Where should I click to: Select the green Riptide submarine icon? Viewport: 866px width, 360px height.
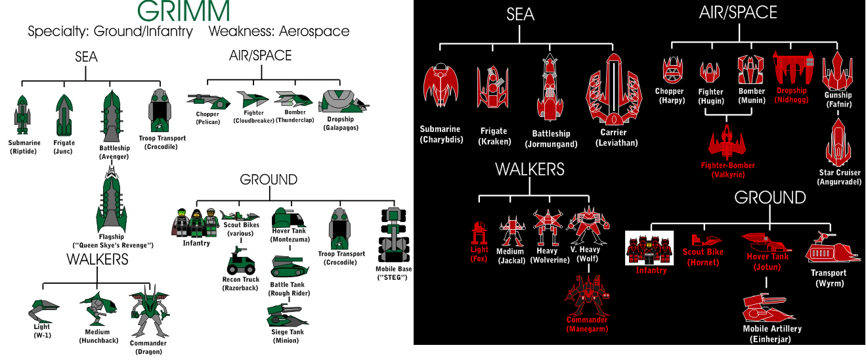click(x=22, y=115)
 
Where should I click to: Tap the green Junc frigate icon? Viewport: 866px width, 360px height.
click(x=64, y=114)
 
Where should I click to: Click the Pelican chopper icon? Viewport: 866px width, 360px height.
click(x=208, y=101)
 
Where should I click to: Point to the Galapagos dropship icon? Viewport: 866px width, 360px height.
click(x=343, y=102)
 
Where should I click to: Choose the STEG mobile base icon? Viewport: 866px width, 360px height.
click(x=393, y=235)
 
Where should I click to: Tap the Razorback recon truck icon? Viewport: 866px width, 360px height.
click(x=241, y=261)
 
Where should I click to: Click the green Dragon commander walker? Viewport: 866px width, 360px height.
click(x=149, y=311)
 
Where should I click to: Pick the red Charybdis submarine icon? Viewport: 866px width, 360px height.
click(x=441, y=85)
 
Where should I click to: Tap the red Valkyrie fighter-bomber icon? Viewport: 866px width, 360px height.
click(x=727, y=142)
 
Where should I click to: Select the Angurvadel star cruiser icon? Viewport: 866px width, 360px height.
click(x=838, y=143)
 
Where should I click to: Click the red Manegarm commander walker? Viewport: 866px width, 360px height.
click(x=587, y=296)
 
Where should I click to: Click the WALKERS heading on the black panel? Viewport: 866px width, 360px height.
click(x=530, y=169)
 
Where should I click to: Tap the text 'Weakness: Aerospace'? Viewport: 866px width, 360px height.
click(x=279, y=32)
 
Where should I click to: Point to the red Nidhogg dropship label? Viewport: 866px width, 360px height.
click(x=791, y=95)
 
